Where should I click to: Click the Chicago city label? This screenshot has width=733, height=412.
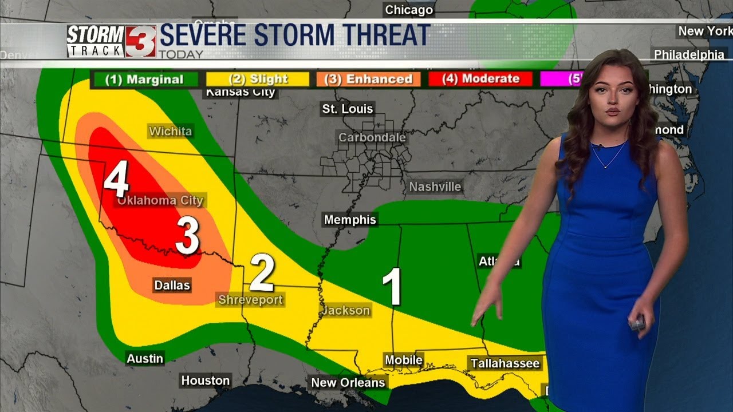[409, 10]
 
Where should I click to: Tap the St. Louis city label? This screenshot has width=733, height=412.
[347, 109]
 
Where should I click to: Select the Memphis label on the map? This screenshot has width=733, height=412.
[350, 220]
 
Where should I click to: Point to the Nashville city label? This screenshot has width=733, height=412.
[435, 187]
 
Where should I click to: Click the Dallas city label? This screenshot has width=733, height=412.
[172, 285]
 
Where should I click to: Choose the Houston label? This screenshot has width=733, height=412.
[205, 381]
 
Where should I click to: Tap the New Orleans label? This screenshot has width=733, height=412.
[348, 382]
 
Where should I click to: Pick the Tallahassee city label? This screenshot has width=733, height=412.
[505, 363]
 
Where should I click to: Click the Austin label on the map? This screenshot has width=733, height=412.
[145, 358]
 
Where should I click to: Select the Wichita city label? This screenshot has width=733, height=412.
[170, 132]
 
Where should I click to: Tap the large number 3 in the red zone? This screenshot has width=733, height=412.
[187, 235]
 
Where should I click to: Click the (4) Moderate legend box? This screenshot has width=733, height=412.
[480, 79]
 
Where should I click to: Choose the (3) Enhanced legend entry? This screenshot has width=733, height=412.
[368, 79]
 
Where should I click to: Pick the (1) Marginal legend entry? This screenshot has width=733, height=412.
[144, 80]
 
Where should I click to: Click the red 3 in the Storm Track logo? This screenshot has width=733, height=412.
[141, 42]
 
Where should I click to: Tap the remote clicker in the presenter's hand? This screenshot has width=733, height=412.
[637, 323]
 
